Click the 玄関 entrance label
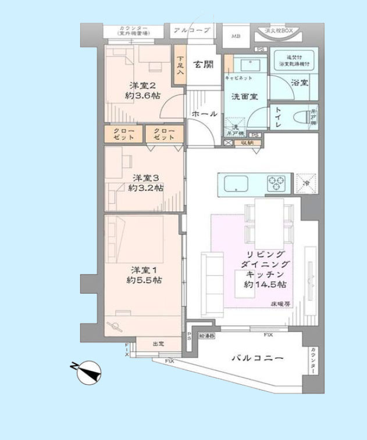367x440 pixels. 203,64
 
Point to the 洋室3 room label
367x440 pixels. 145,178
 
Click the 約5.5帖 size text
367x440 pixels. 144,280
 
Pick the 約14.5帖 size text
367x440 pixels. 265,284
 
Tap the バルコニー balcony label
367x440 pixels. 258,358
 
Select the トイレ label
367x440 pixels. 278,116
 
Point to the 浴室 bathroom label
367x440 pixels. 300,83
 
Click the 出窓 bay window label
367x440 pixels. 158,344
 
